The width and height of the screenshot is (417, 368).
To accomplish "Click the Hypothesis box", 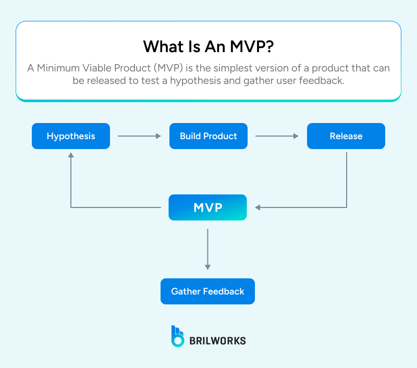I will (x=71, y=136).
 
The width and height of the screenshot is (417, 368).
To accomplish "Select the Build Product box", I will (x=208, y=136).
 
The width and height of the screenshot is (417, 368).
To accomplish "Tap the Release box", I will (x=346, y=136).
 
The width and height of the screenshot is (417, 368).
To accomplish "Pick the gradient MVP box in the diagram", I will (x=207, y=207).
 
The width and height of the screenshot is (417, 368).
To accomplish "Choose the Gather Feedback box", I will (x=207, y=291).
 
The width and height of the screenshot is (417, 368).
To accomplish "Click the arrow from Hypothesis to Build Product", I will (x=140, y=136).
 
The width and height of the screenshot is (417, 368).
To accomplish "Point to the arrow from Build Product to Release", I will (x=277, y=136).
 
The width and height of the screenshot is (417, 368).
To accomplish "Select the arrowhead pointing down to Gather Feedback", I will (x=207, y=266).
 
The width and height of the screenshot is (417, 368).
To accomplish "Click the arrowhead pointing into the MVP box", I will (x=259, y=207).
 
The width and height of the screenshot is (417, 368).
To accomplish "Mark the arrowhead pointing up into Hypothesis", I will (x=71, y=156).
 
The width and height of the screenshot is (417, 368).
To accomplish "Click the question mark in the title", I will (x=268, y=46).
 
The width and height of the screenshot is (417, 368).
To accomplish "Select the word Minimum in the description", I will (x=56, y=68).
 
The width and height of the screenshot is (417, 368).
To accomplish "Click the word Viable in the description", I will (x=96, y=68).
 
